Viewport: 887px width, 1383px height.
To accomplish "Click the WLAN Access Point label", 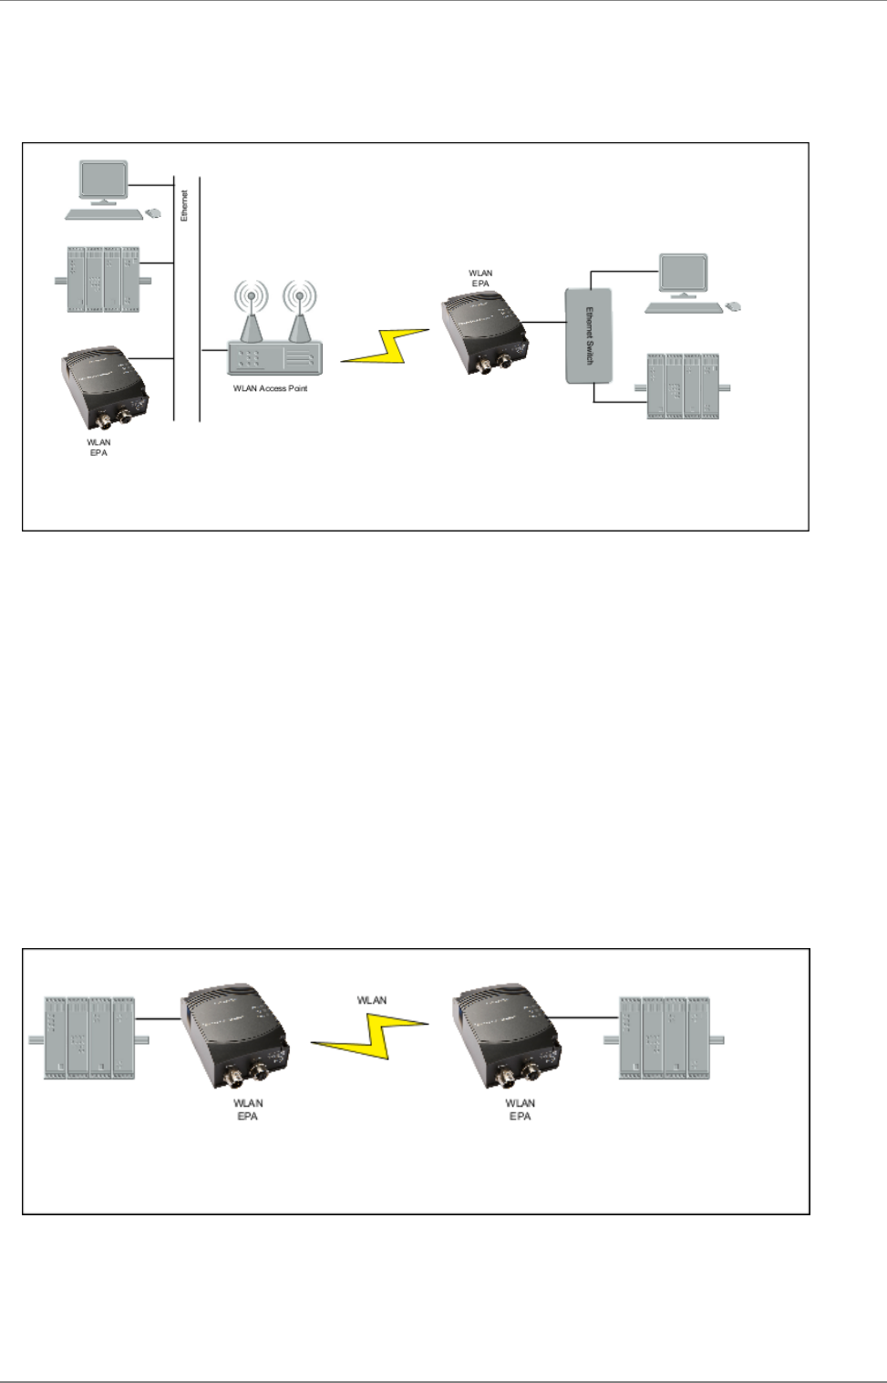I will pos(270,388).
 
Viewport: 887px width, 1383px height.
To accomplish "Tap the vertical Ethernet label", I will pos(184,205).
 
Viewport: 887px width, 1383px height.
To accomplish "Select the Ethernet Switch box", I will pos(589,335).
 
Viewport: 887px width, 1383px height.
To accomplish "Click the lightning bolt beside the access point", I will pos(386,346).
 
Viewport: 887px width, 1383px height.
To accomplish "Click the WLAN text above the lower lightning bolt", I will pos(371,1000).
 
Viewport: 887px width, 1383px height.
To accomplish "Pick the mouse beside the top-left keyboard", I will pos(153,213).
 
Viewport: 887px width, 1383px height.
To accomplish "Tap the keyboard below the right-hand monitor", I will pos(684,308).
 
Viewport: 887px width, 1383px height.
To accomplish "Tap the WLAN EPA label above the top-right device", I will pos(480,278).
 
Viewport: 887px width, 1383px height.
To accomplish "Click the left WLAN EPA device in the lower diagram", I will pos(236,1039).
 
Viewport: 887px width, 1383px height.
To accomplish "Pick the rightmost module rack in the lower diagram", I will pos(665,1038).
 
